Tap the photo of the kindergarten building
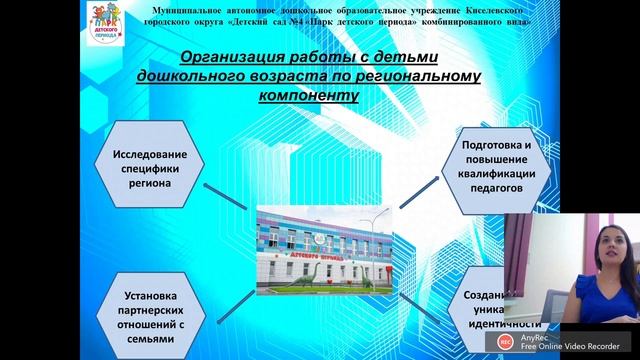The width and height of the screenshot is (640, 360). (322, 250)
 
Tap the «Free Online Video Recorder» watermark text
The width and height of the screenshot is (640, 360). (554, 349)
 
